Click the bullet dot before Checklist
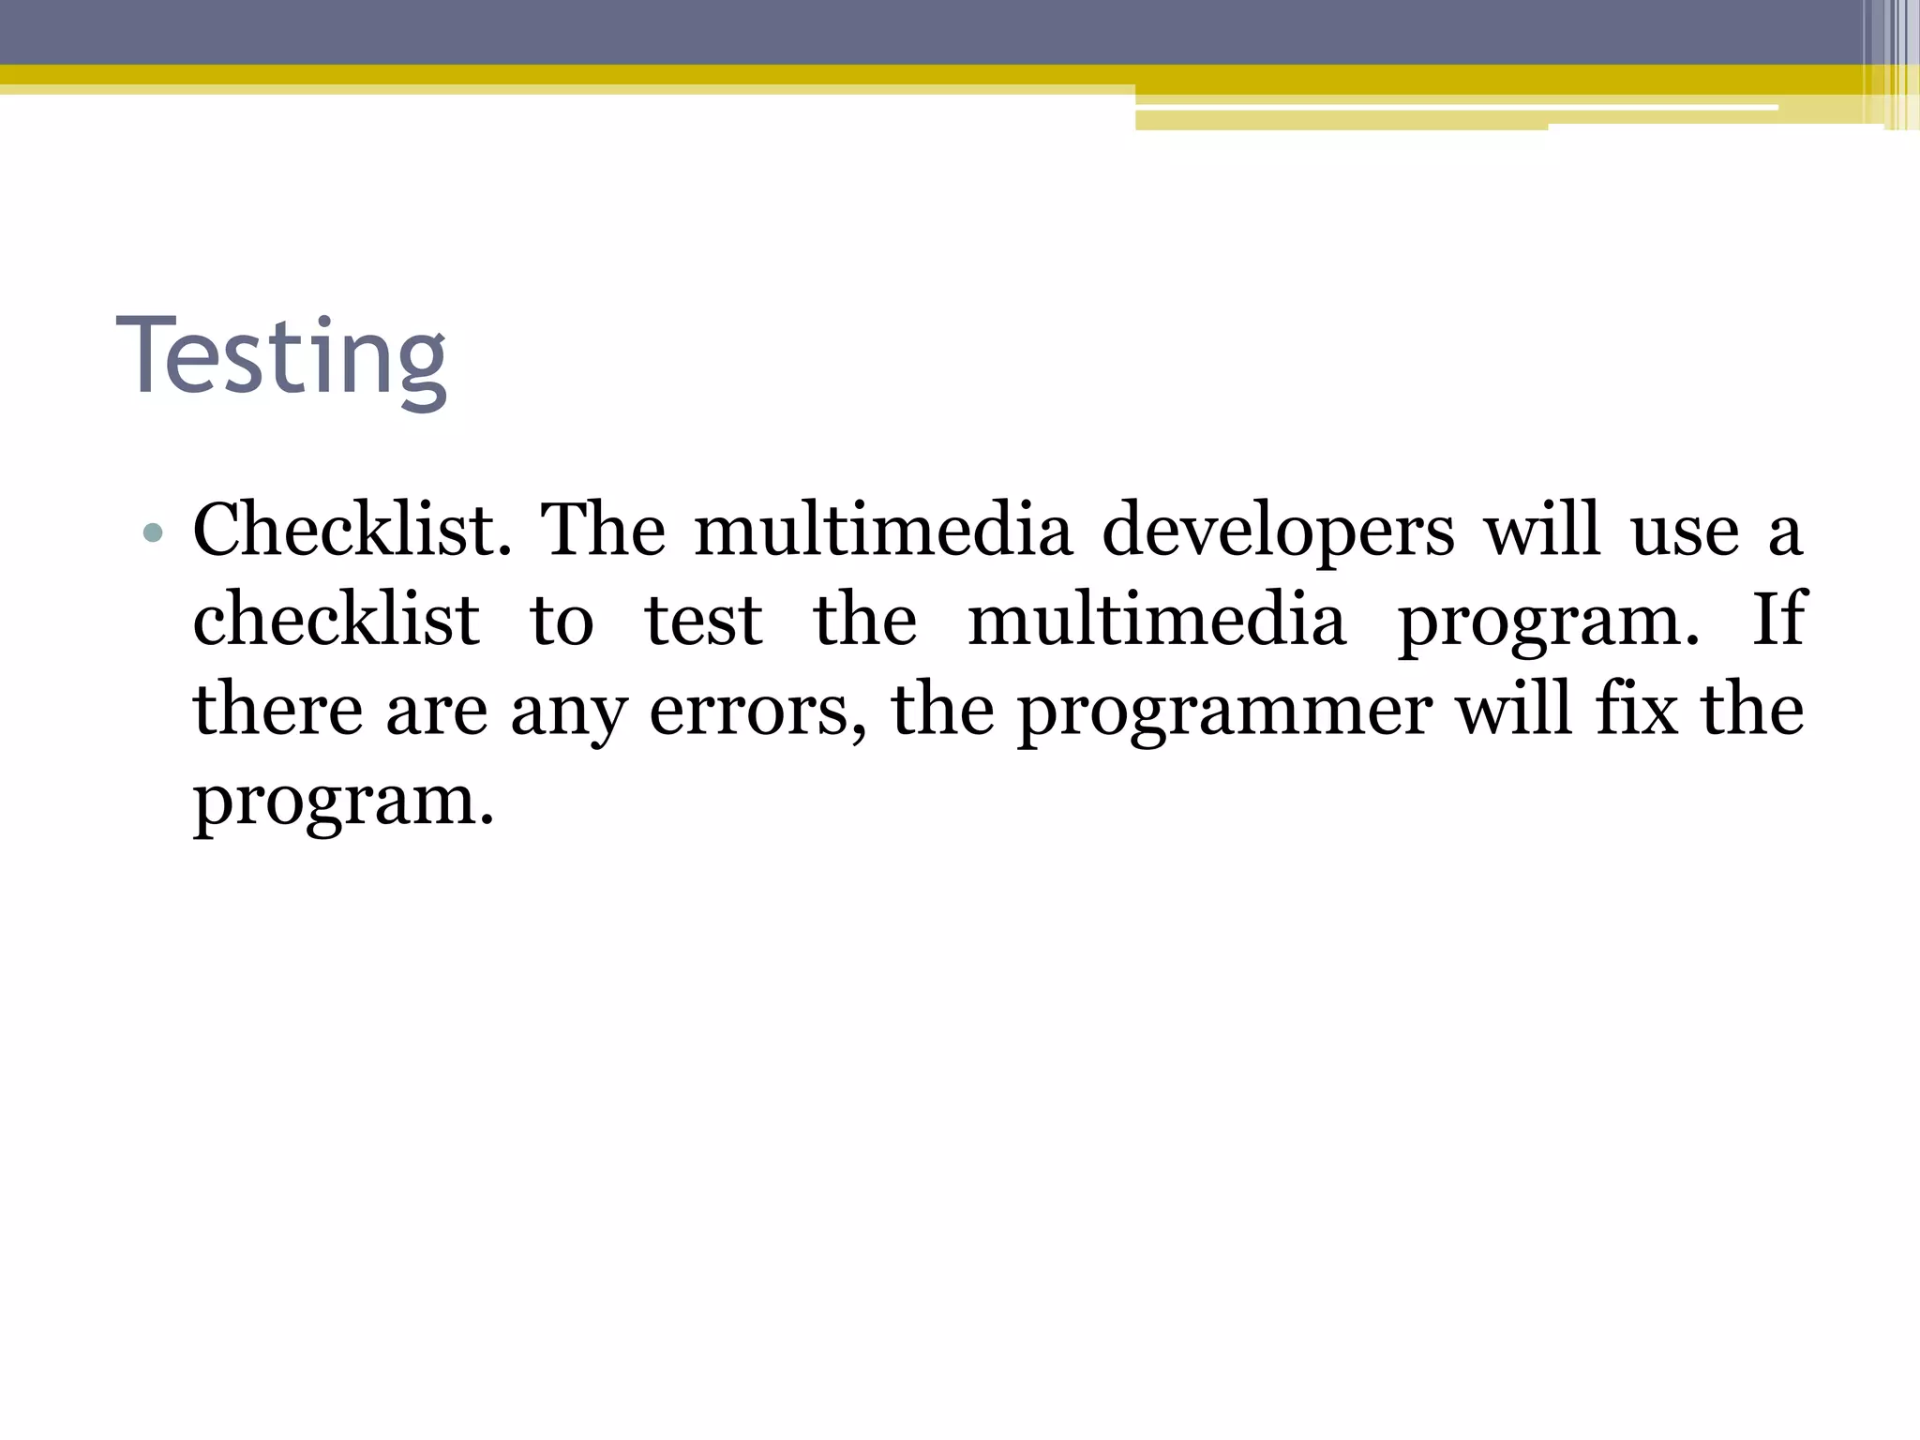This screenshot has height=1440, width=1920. tap(153, 534)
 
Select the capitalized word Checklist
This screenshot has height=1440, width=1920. tap(352, 531)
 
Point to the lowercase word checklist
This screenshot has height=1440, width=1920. tap(336, 621)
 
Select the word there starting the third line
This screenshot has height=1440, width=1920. tap(277, 710)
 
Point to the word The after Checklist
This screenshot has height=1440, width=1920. tap(604, 531)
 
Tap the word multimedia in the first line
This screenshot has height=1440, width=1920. tap(882, 531)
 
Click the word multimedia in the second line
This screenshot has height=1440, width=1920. tap(1157, 621)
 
